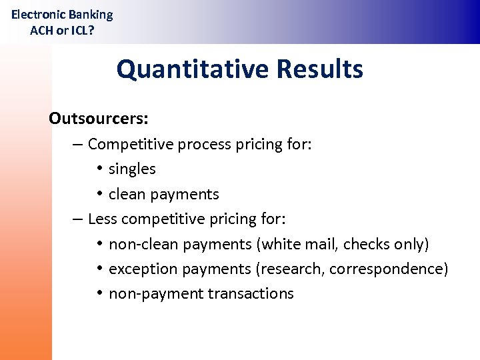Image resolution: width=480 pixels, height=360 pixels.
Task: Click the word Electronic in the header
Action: pyautogui.click(x=38, y=15)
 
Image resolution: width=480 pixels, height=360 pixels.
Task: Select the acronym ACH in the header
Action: pyautogui.click(x=42, y=30)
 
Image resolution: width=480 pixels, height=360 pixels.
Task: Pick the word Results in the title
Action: pyautogui.click(x=319, y=69)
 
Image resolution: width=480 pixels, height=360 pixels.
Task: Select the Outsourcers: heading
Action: pyautogui.click(x=99, y=119)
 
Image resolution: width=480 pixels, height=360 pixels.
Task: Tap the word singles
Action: pyautogui.click(x=132, y=169)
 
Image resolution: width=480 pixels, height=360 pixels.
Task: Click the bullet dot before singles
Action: pyautogui.click(x=98, y=169)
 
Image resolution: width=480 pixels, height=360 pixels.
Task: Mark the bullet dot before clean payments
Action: pyautogui.click(x=98, y=194)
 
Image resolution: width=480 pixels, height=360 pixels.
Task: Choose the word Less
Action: pyautogui.click(x=103, y=219)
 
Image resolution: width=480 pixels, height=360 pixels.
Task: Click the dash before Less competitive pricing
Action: pyautogui.click(x=78, y=219)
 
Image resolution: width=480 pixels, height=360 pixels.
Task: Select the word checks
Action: pyautogui.click(x=367, y=245)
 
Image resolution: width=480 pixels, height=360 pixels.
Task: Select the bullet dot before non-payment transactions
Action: pyautogui.click(x=98, y=294)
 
